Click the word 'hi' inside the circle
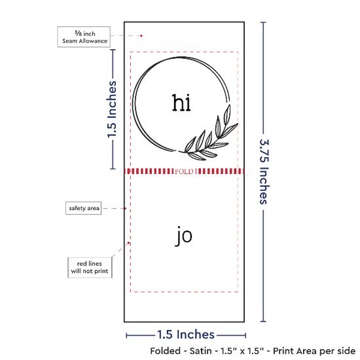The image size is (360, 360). pos(181,103)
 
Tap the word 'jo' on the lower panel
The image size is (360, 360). pos(184,236)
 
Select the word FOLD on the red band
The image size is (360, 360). pos(184,171)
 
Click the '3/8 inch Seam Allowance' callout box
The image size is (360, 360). pos(84,37)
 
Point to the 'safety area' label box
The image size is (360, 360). pos(84,208)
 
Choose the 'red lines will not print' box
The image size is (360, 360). pos(90,268)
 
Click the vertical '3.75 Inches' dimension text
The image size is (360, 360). pos(264,171)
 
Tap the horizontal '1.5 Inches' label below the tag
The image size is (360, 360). pos(186,334)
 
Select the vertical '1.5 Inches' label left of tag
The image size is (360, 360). pos(112,109)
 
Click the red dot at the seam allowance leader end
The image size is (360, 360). pos(141,36)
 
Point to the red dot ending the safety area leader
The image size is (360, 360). pos(126,208)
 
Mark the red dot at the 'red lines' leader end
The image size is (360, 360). pos(128,243)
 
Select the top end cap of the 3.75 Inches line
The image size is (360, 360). pos(263,22)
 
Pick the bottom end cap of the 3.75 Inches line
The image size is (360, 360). pos(263,321)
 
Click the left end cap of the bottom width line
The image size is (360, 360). pos(126,336)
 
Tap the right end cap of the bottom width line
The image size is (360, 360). pos(245,336)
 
